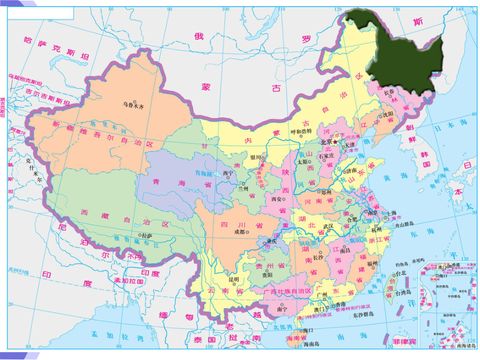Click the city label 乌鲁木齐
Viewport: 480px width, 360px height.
(x=133, y=105)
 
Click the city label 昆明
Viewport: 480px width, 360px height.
(x=231, y=279)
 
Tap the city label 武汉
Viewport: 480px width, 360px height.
(x=328, y=226)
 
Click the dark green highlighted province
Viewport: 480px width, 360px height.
(x=402, y=52)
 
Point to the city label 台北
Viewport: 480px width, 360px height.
(x=400, y=273)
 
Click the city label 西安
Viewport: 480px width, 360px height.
(x=277, y=199)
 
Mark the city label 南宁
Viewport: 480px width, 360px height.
(x=282, y=309)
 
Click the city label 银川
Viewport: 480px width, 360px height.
(x=256, y=157)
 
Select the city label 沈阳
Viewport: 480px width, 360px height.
(x=388, y=114)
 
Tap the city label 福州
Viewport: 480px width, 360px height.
(x=372, y=264)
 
